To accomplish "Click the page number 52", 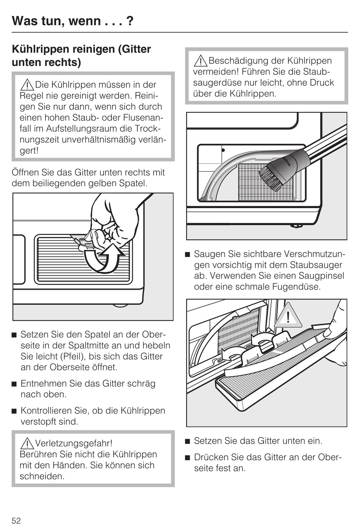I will coord(16,520).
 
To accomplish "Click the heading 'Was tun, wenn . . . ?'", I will coord(72,20).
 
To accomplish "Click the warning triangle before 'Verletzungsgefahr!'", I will coord(27,443).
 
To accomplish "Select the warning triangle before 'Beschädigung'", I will coord(200,61).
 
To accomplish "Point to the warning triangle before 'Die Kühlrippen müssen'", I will coord(27,85).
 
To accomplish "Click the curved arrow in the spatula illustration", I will coord(104,258).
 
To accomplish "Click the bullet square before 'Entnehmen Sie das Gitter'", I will coord(14,384).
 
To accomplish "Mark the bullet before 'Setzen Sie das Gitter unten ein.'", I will coord(188,441).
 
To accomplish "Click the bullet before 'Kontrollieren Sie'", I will coord(14,411).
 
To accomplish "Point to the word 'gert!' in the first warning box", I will coord(29,151).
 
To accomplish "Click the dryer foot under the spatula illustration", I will coord(121,304).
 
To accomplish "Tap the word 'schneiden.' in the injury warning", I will coord(42,476).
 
